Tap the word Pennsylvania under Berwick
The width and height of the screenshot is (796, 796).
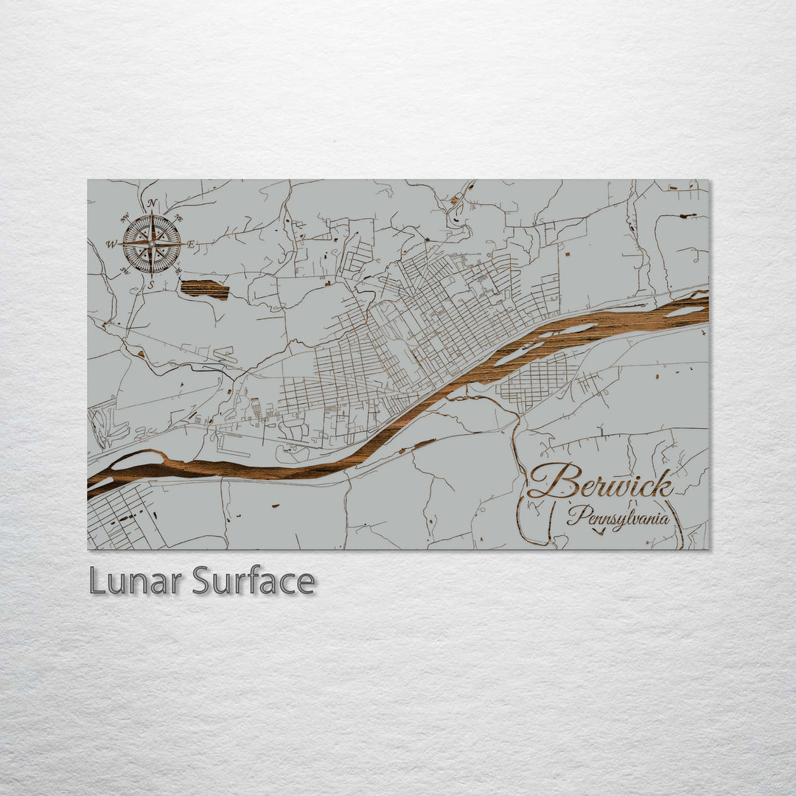click(x=618, y=517)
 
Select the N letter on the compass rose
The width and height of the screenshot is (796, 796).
click(x=151, y=204)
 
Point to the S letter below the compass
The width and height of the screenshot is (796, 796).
click(x=151, y=284)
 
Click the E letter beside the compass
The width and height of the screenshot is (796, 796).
click(x=190, y=244)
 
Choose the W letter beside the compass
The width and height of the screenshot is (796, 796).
click(x=111, y=244)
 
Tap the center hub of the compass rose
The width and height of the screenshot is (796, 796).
click(x=151, y=243)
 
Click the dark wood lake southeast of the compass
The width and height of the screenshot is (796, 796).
click(x=204, y=289)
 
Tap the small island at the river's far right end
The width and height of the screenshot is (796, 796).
click(x=684, y=312)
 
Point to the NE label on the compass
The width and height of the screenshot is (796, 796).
click(x=178, y=217)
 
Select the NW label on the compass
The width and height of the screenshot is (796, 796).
click(x=124, y=217)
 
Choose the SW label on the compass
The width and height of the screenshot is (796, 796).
click(x=124, y=270)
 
